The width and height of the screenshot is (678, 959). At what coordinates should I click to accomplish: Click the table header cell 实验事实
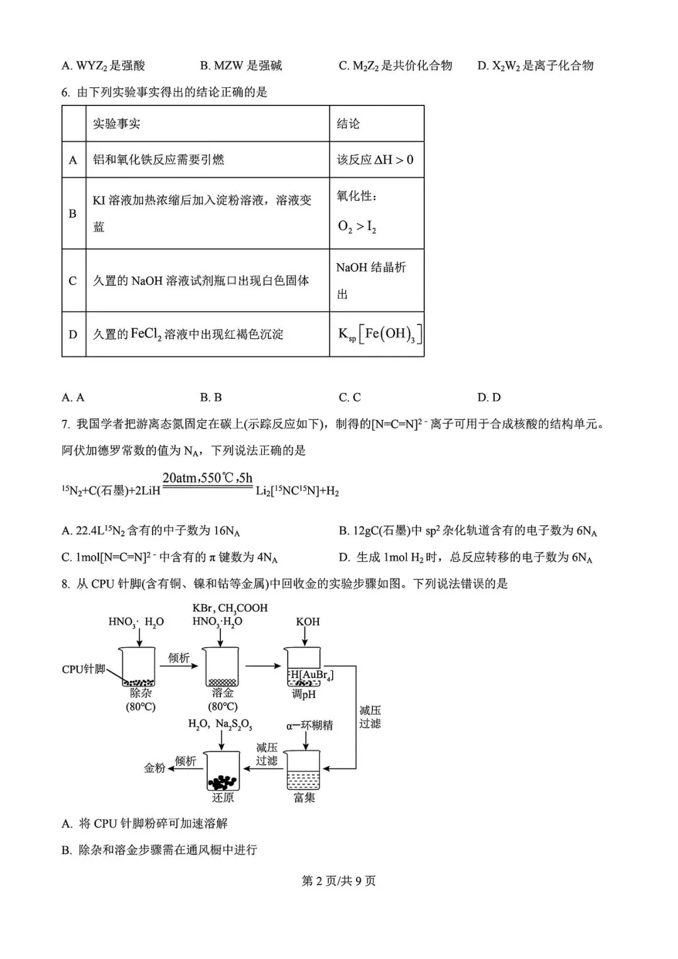117,124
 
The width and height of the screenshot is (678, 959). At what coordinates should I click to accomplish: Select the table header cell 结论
348,124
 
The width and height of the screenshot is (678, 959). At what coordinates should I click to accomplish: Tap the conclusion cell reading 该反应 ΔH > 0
375,159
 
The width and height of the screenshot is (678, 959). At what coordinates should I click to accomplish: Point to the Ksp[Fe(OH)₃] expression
379,334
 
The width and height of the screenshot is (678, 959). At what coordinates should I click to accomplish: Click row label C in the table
73,281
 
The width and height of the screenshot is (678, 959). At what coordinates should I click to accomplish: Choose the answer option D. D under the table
489,397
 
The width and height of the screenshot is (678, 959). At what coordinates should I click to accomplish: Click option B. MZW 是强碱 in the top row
241,65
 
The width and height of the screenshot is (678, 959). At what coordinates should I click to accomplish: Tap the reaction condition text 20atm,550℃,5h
207,478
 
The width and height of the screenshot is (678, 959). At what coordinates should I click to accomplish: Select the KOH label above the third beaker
308,622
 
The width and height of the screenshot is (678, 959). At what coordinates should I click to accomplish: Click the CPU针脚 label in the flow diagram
83,669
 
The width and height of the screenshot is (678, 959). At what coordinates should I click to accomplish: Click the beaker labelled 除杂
139,667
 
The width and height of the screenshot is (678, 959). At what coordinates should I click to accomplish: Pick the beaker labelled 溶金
222,667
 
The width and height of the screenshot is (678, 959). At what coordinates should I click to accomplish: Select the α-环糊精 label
309,726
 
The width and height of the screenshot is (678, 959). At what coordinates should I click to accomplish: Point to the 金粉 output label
154,768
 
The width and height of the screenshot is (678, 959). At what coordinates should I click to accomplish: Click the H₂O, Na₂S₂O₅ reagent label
220,724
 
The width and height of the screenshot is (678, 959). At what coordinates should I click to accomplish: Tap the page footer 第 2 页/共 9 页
339,881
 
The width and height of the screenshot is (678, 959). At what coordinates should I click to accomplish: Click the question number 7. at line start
66,424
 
